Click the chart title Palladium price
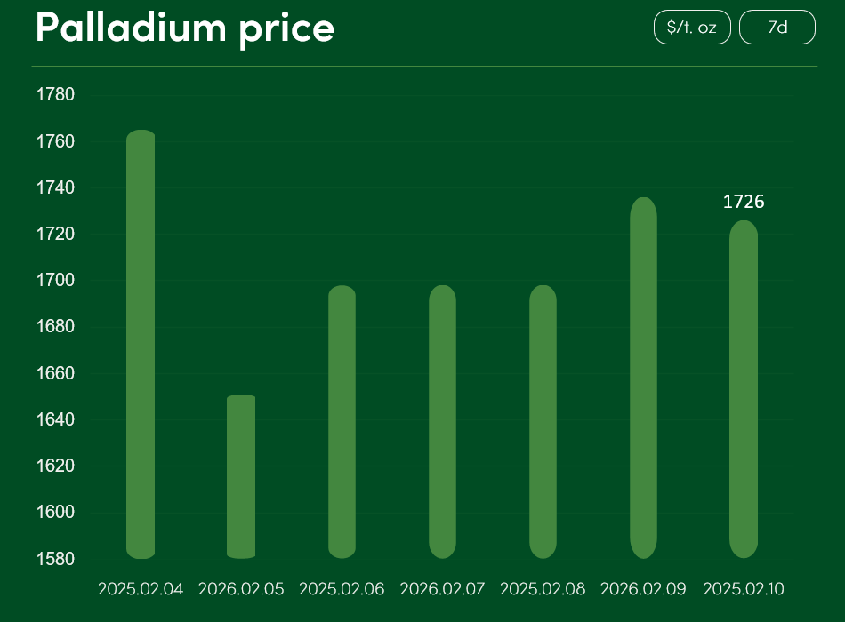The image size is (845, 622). tap(185, 28)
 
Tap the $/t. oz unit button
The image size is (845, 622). tap(692, 28)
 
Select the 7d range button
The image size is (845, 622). tap(777, 28)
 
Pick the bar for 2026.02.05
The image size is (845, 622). tap(241, 476)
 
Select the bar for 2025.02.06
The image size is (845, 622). tap(342, 422)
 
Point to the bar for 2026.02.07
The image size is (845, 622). tap(443, 422)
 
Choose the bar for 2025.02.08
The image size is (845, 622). tap(543, 422)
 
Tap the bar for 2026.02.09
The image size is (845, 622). tap(643, 378)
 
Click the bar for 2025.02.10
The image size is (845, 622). tap(744, 389)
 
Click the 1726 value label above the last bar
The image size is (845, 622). tap(744, 202)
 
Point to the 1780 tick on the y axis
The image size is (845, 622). tap(55, 95)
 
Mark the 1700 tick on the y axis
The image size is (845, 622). tap(55, 281)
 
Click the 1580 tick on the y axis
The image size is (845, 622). tap(55, 559)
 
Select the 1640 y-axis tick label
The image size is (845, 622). tap(55, 419)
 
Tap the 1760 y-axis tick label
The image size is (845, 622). tap(55, 141)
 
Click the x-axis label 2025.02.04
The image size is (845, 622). tap(141, 589)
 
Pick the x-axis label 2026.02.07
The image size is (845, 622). tap(443, 589)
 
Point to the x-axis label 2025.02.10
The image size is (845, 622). tap(744, 589)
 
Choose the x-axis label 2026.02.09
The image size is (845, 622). tap(643, 589)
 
